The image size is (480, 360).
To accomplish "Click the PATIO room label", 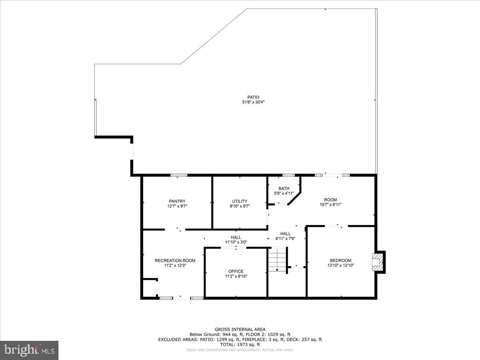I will click(253, 97).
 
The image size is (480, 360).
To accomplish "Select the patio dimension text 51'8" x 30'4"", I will click(253, 102).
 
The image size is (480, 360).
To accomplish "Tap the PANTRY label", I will click(177, 201).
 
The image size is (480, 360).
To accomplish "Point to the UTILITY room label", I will click(240, 201).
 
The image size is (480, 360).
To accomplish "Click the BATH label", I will click(284, 188).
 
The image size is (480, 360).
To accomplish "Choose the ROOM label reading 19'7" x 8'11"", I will click(330, 200).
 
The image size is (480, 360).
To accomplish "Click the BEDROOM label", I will click(340, 260).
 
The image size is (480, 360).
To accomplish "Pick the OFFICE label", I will click(236, 271).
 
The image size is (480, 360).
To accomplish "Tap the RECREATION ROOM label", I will click(175, 260).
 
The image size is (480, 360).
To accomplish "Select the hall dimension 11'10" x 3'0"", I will click(236, 242).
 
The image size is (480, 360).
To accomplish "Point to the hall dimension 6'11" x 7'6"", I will click(285, 238).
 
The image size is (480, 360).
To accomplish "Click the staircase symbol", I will click(278, 260).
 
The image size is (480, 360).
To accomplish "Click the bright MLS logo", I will click(29, 350).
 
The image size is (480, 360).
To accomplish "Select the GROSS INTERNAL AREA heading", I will click(240, 330).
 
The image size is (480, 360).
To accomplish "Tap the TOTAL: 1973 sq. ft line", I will click(240, 344).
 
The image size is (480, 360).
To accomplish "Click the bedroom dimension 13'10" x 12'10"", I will click(340, 265).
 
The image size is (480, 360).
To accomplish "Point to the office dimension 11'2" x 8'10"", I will click(236, 276).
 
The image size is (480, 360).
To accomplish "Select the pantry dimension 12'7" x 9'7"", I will click(177, 206).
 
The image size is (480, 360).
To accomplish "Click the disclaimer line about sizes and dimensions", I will click(240, 350).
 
